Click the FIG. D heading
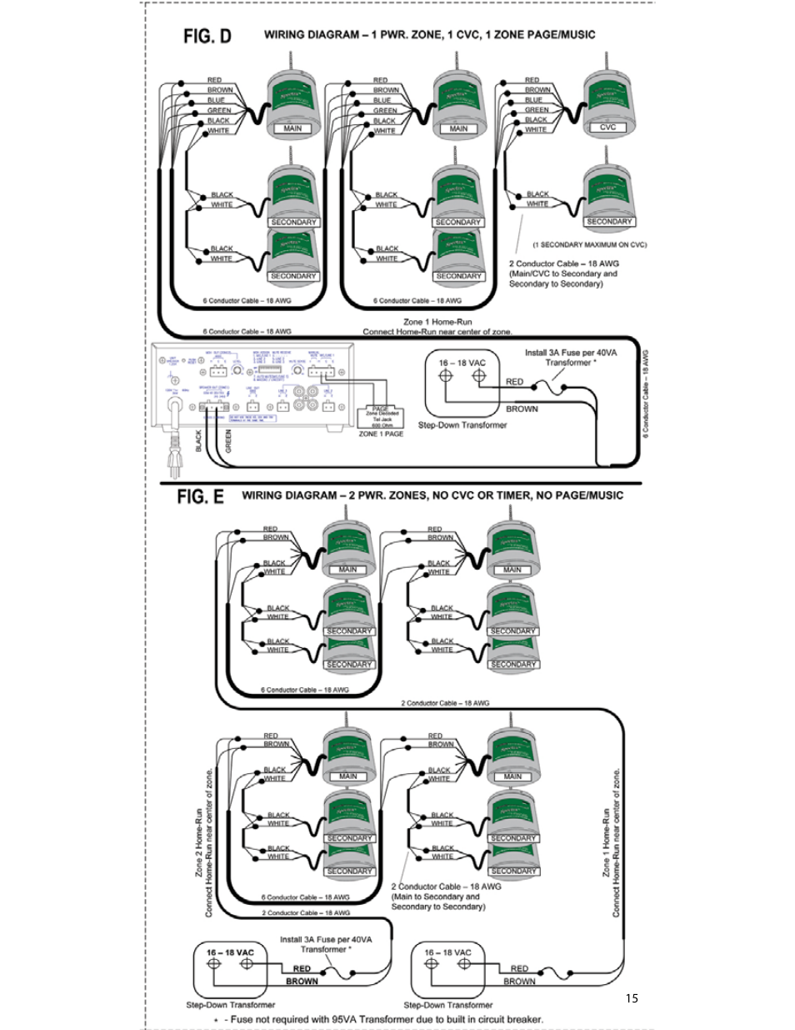point(207,36)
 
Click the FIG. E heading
point(200,496)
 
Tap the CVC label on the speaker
point(607,128)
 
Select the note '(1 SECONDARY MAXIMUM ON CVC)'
point(589,244)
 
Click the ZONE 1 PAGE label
point(381,434)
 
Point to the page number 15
point(632,998)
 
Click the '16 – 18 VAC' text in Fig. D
point(462,363)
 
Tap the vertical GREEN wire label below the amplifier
point(228,441)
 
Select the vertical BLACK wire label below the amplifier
point(199,441)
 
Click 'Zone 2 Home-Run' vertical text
point(199,842)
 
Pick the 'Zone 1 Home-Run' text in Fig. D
point(437,322)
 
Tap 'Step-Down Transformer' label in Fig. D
point(462,425)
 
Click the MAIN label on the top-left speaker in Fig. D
point(292,128)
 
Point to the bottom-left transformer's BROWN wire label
point(302,982)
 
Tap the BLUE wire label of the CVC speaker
point(533,99)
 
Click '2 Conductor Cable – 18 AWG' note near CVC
point(563,264)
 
